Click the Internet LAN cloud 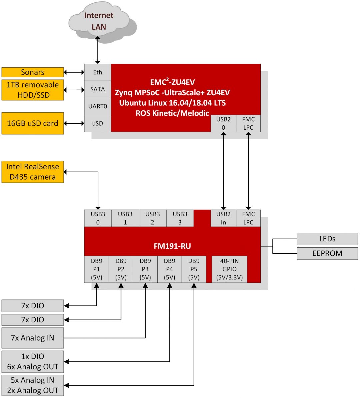(x=99, y=21)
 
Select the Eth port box (x=97, y=72)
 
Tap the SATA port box (x=97, y=89)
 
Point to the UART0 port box (x=97, y=106)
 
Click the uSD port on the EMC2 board (x=97, y=123)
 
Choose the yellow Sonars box (x=33, y=72)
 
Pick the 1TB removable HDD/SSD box (x=33, y=90)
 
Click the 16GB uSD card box (x=33, y=123)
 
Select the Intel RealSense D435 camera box (x=33, y=172)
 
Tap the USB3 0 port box (x=98, y=218)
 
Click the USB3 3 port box (x=180, y=218)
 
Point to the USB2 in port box (x=223, y=218)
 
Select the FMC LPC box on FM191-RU (x=248, y=218)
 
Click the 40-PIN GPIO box (x=229, y=269)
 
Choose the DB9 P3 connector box (x=145, y=269)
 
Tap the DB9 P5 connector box (x=194, y=269)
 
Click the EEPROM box (x=327, y=253)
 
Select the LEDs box (x=327, y=239)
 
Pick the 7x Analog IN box (x=33, y=338)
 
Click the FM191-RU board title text (x=172, y=246)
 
